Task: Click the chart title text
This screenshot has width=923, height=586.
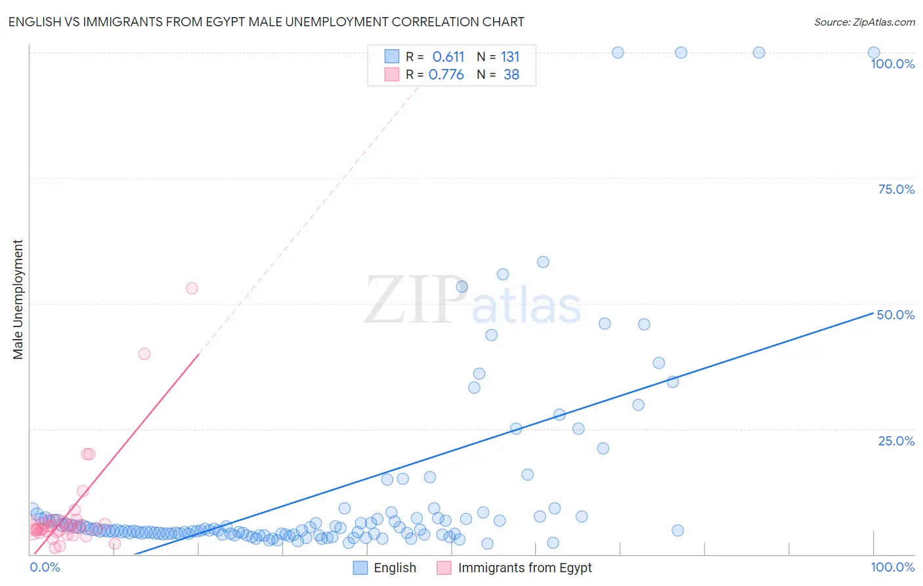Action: [x=266, y=22]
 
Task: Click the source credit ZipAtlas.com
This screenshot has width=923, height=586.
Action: [x=864, y=22]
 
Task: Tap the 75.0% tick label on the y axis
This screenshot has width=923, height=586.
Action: [x=896, y=189]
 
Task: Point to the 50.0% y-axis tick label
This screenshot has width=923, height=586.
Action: [x=895, y=315]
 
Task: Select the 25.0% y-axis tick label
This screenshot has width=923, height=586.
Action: [x=896, y=441]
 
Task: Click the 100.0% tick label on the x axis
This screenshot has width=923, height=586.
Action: [x=892, y=567]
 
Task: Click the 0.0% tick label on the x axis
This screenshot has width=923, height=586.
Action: [x=45, y=567]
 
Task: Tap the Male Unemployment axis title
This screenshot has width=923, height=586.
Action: [x=18, y=300]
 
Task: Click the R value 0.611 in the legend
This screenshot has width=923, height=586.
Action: [x=448, y=56]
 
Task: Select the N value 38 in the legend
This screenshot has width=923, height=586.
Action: [x=511, y=74]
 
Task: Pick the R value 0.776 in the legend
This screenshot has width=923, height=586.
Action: [x=446, y=74]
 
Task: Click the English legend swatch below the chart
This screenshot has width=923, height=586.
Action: [x=360, y=568]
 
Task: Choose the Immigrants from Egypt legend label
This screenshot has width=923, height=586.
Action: [x=525, y=568]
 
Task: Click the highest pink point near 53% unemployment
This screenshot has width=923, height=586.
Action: [x=192, y=288]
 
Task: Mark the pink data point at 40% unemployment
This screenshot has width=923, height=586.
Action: [x=144, y=353]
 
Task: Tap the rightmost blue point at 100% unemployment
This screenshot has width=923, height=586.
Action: [x=873, y=53]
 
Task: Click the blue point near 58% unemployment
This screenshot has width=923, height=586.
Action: [x=543, y=261]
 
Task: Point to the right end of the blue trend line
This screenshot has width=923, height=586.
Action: [x=873, y=313]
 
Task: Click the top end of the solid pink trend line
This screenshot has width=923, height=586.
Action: [x=199, y=353]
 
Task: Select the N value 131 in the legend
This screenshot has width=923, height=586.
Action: [x=510, y=56]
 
